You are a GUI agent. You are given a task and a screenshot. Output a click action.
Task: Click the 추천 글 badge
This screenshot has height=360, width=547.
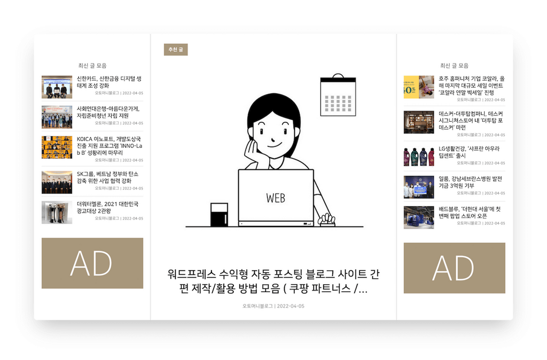coord(176,50)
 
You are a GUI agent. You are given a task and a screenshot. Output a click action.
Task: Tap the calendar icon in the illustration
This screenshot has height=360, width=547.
coord(338,95)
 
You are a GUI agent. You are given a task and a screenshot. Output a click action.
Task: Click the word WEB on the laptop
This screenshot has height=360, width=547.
coord(276,198)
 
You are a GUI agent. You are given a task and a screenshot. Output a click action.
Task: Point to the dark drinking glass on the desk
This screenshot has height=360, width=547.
coord(220,215)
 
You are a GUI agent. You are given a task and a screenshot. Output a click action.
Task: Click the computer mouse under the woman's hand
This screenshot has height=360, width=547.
coord(327,222)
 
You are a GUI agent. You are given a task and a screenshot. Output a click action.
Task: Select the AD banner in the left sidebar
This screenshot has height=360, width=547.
coord(92,263)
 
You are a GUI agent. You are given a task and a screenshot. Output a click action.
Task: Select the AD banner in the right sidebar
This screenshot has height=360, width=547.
coord(454,268)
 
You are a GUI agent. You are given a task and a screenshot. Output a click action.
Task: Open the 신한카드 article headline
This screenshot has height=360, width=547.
coord(109,82)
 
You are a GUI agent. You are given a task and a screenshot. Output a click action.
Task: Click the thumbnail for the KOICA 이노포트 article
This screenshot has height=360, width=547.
coord(57,147)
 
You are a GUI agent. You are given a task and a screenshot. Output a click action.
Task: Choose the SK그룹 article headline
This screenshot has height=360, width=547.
coord(108,177)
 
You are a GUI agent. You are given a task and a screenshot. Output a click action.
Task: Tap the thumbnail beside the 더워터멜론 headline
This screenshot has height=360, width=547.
coord(57,212)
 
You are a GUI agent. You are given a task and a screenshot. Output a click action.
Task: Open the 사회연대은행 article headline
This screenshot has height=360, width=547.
coord(108,112)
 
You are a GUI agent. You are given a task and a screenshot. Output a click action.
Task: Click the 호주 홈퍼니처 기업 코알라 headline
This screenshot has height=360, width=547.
coord(472,85)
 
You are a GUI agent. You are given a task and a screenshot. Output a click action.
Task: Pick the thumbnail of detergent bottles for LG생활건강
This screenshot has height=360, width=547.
coord(419,156)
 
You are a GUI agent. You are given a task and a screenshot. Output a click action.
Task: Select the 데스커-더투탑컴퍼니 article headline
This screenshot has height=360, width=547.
coord(471,121)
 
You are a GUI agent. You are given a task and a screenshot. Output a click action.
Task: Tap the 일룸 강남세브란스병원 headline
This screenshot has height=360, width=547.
coord(470,182)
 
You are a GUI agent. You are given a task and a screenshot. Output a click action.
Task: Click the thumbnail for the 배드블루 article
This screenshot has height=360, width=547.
coord(419,217)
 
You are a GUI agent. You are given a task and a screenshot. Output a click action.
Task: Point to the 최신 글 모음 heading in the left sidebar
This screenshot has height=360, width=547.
coord(92,66)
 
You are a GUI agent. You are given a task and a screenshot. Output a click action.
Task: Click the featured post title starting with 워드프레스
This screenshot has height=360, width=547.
coord(273,281)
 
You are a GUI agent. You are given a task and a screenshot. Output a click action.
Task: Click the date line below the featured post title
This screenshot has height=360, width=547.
coord(273,306)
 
